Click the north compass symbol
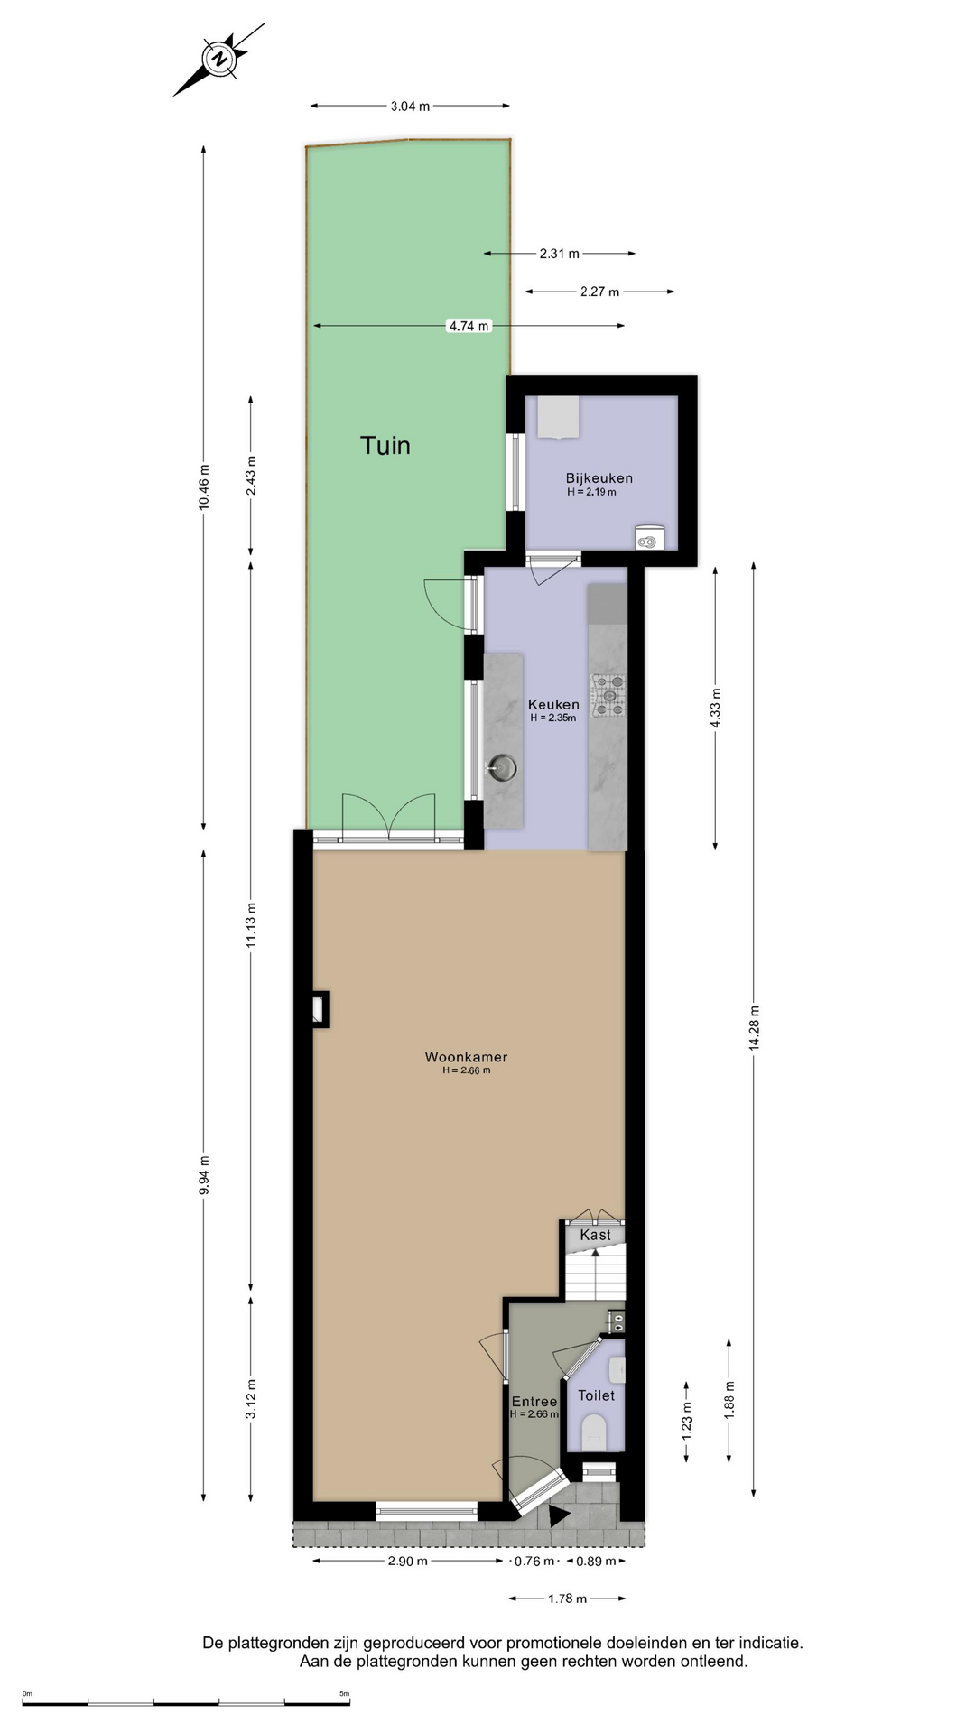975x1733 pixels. pos(218,60)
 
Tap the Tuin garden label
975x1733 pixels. pos(385,445)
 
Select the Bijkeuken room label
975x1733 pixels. pos(599,478)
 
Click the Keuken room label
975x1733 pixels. pos(553,705)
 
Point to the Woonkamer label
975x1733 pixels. pos(466,1057)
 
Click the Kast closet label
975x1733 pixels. pos(595,1235)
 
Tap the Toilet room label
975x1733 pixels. pos(596,1395)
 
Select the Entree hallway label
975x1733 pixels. pos(534,1402)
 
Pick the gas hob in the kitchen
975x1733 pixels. pos(608,696)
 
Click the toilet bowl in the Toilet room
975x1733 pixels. pos(595,1431)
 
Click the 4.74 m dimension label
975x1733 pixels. pos(469,326)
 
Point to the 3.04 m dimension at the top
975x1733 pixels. pos(410,107)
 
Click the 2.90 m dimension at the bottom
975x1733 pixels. pos(407,1562)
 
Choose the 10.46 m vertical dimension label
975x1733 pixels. pos(204,487)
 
